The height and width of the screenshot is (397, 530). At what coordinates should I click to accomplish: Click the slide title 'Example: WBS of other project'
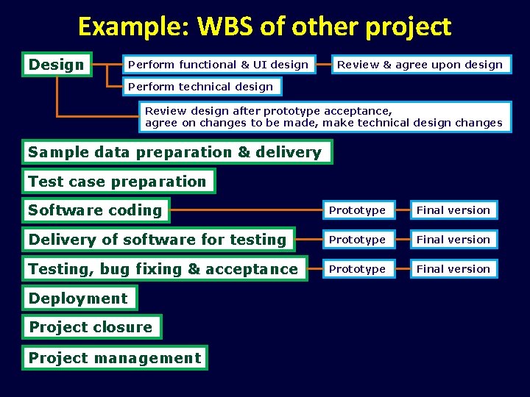coord(264,26)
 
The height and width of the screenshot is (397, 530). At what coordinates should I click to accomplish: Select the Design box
coord(57,65)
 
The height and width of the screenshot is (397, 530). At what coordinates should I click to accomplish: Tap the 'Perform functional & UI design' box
coord(219,65)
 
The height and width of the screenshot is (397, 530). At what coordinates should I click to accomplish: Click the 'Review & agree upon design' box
coord(420,65)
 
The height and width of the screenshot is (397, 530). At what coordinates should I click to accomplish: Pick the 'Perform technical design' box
coord(201,87)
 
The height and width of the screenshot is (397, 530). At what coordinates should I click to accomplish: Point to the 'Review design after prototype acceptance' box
coord(324,118)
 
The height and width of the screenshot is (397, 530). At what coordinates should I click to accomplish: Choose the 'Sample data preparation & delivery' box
coord(176,152)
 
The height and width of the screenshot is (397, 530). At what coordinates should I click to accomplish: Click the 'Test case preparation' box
coord(118,182)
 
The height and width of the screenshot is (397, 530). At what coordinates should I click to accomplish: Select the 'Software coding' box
coord(96,210)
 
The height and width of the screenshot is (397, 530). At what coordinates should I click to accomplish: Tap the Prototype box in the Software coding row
coord(358,210)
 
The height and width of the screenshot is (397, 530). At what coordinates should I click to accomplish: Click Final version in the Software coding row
coord(453,210)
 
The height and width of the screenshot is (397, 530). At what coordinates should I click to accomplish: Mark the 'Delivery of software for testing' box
coord(158,240)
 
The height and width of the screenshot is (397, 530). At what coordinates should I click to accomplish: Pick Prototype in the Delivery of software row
coord(358,240)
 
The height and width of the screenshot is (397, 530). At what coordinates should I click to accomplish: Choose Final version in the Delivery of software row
coord(453,240)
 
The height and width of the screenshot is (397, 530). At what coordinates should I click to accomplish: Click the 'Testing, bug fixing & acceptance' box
coord(163,269)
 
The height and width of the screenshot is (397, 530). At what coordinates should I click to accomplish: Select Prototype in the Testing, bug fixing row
coord(358,269)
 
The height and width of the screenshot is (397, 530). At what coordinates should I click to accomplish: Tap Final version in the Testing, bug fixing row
coord(453,269)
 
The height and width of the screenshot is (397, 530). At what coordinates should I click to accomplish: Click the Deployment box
coord(79,298)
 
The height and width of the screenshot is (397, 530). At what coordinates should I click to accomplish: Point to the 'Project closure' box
coord(91,327)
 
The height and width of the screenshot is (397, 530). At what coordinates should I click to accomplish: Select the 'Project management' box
coord(115,358)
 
